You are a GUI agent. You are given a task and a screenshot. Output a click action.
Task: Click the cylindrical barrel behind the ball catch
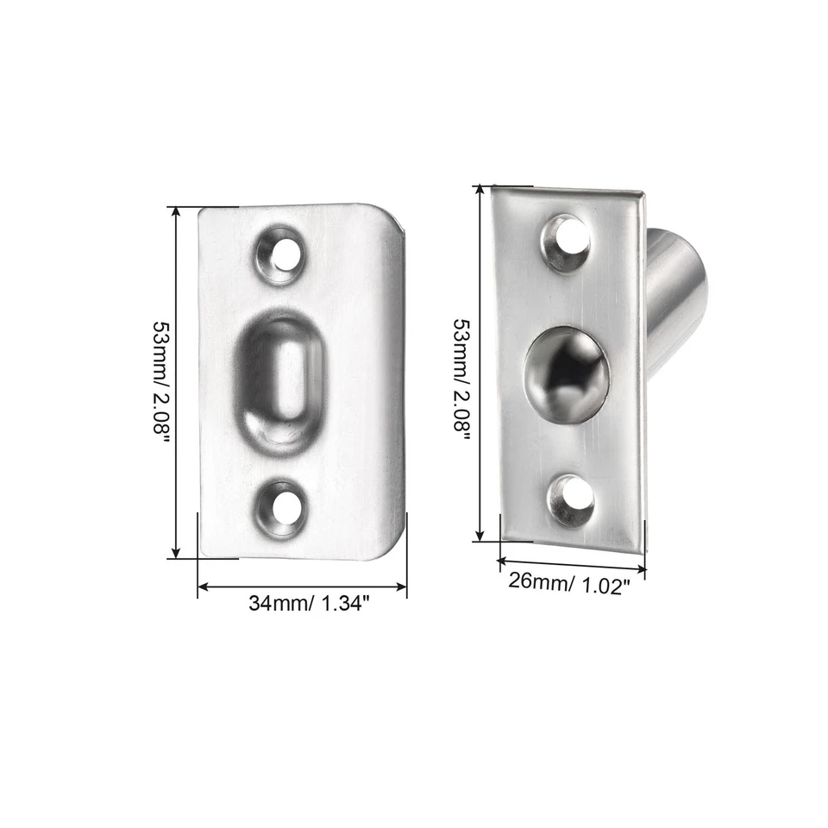[677, 293]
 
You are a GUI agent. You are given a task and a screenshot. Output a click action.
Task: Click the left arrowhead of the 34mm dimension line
[203, 588]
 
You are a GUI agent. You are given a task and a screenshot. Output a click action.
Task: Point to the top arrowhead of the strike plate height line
[177, 210]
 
